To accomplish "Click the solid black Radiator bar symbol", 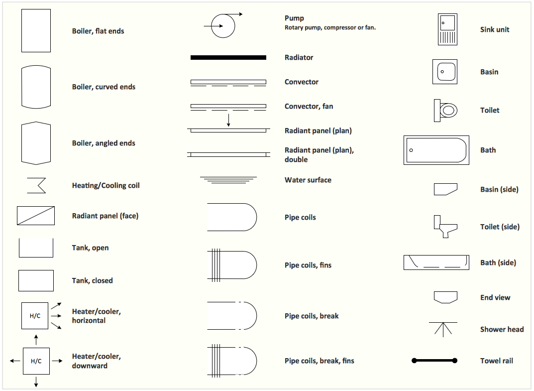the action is (x=228, y=58).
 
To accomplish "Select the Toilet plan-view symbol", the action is (x=445, y=111).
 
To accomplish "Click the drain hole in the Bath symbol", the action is (x=411, y=150).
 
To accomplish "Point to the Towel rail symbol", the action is (x=434, y=361).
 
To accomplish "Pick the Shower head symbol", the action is (x=443, y=329).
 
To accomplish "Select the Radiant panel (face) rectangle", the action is (x=36, y=216).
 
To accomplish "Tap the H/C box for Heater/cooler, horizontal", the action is (x=35, y=316).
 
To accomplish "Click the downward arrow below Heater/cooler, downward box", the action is (x=36, y=382).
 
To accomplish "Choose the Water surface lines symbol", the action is (x=228, y=180).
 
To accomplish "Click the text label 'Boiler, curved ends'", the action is (x=104, y=87).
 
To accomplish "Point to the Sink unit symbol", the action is (x=447, y=29).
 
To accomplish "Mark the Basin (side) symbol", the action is (x=445, y=189).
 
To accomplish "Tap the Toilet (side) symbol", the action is (x=445, y=226).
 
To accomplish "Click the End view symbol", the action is (x=445, y=297).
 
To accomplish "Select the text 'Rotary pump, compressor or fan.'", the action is (x=330, y=27).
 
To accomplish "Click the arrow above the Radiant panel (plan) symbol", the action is (x=228, y=121).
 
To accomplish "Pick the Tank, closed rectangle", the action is (x=36, y=280).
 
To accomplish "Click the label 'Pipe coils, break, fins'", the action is (x=320, y=361).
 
